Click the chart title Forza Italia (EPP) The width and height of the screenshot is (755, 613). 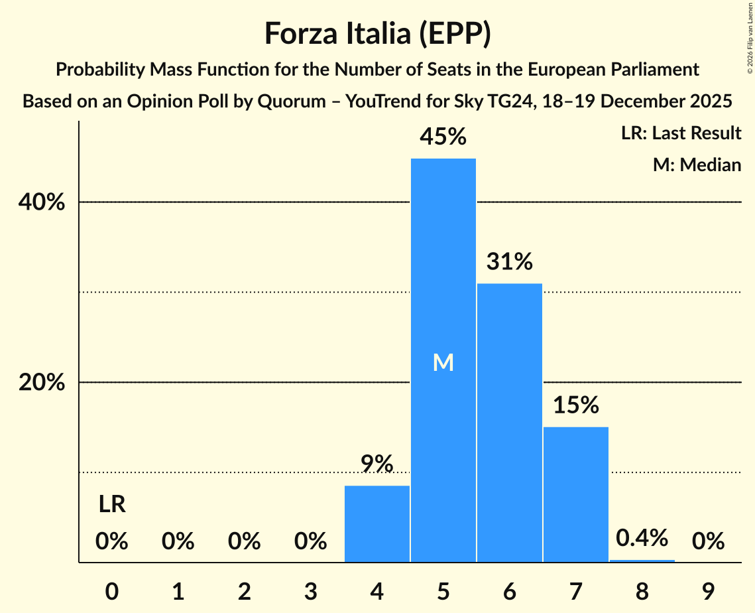click(x=377, y=33)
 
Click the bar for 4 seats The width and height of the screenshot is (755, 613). click(x=377, y=523)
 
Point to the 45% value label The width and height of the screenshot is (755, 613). click(x=443, y=137)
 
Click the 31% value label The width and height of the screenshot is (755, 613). click(x=509, y=261)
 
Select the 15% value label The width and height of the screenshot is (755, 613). click(x=575, y=405)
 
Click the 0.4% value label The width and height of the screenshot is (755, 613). click(x=642, y=537)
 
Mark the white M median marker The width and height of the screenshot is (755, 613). click(x=443, y=362)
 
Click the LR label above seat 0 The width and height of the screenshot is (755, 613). click(x=112, y=505)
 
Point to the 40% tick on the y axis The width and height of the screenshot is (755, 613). click(x=41, y=202)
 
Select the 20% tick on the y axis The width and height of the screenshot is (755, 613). click(x=41, y=383)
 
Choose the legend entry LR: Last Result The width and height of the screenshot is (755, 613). click(x=681, y=133)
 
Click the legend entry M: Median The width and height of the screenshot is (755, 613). click(x=697, y=165)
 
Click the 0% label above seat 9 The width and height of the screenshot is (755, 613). click(x=708, y=542)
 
